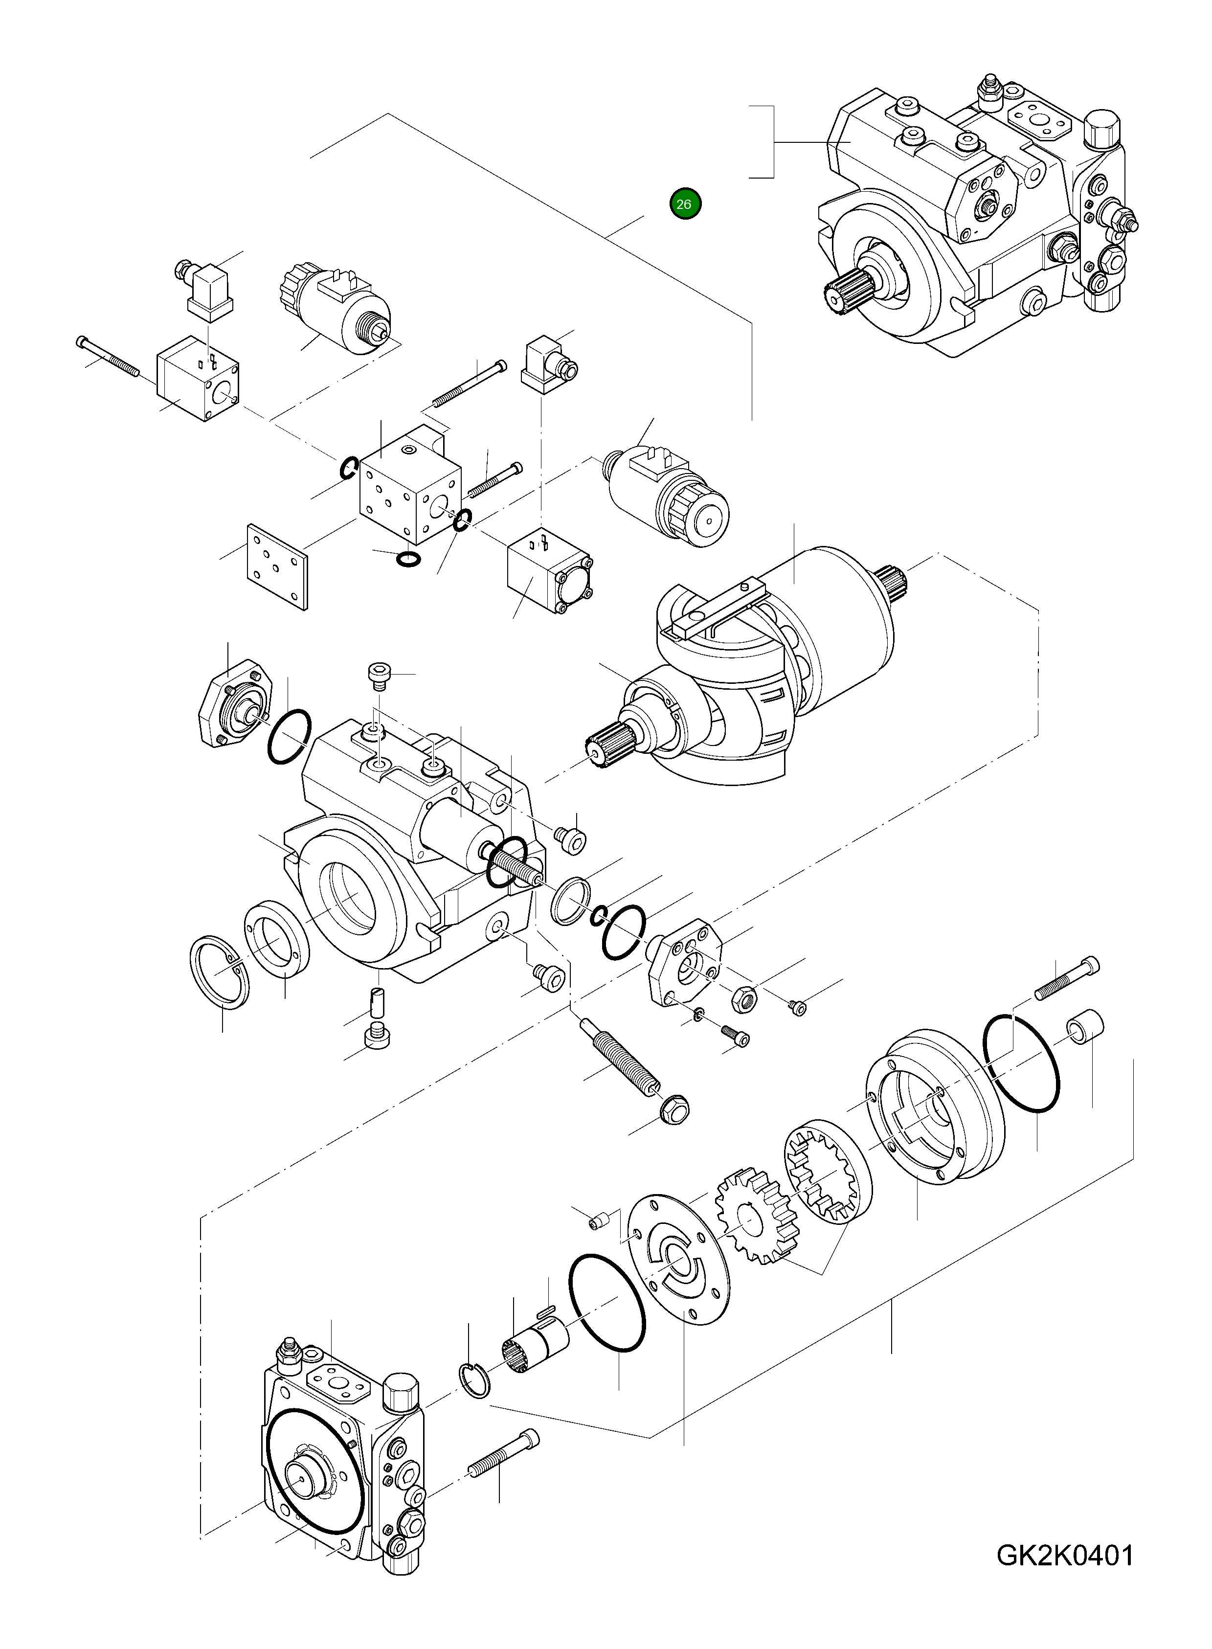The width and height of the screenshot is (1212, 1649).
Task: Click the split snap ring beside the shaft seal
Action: tap(219, 972)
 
